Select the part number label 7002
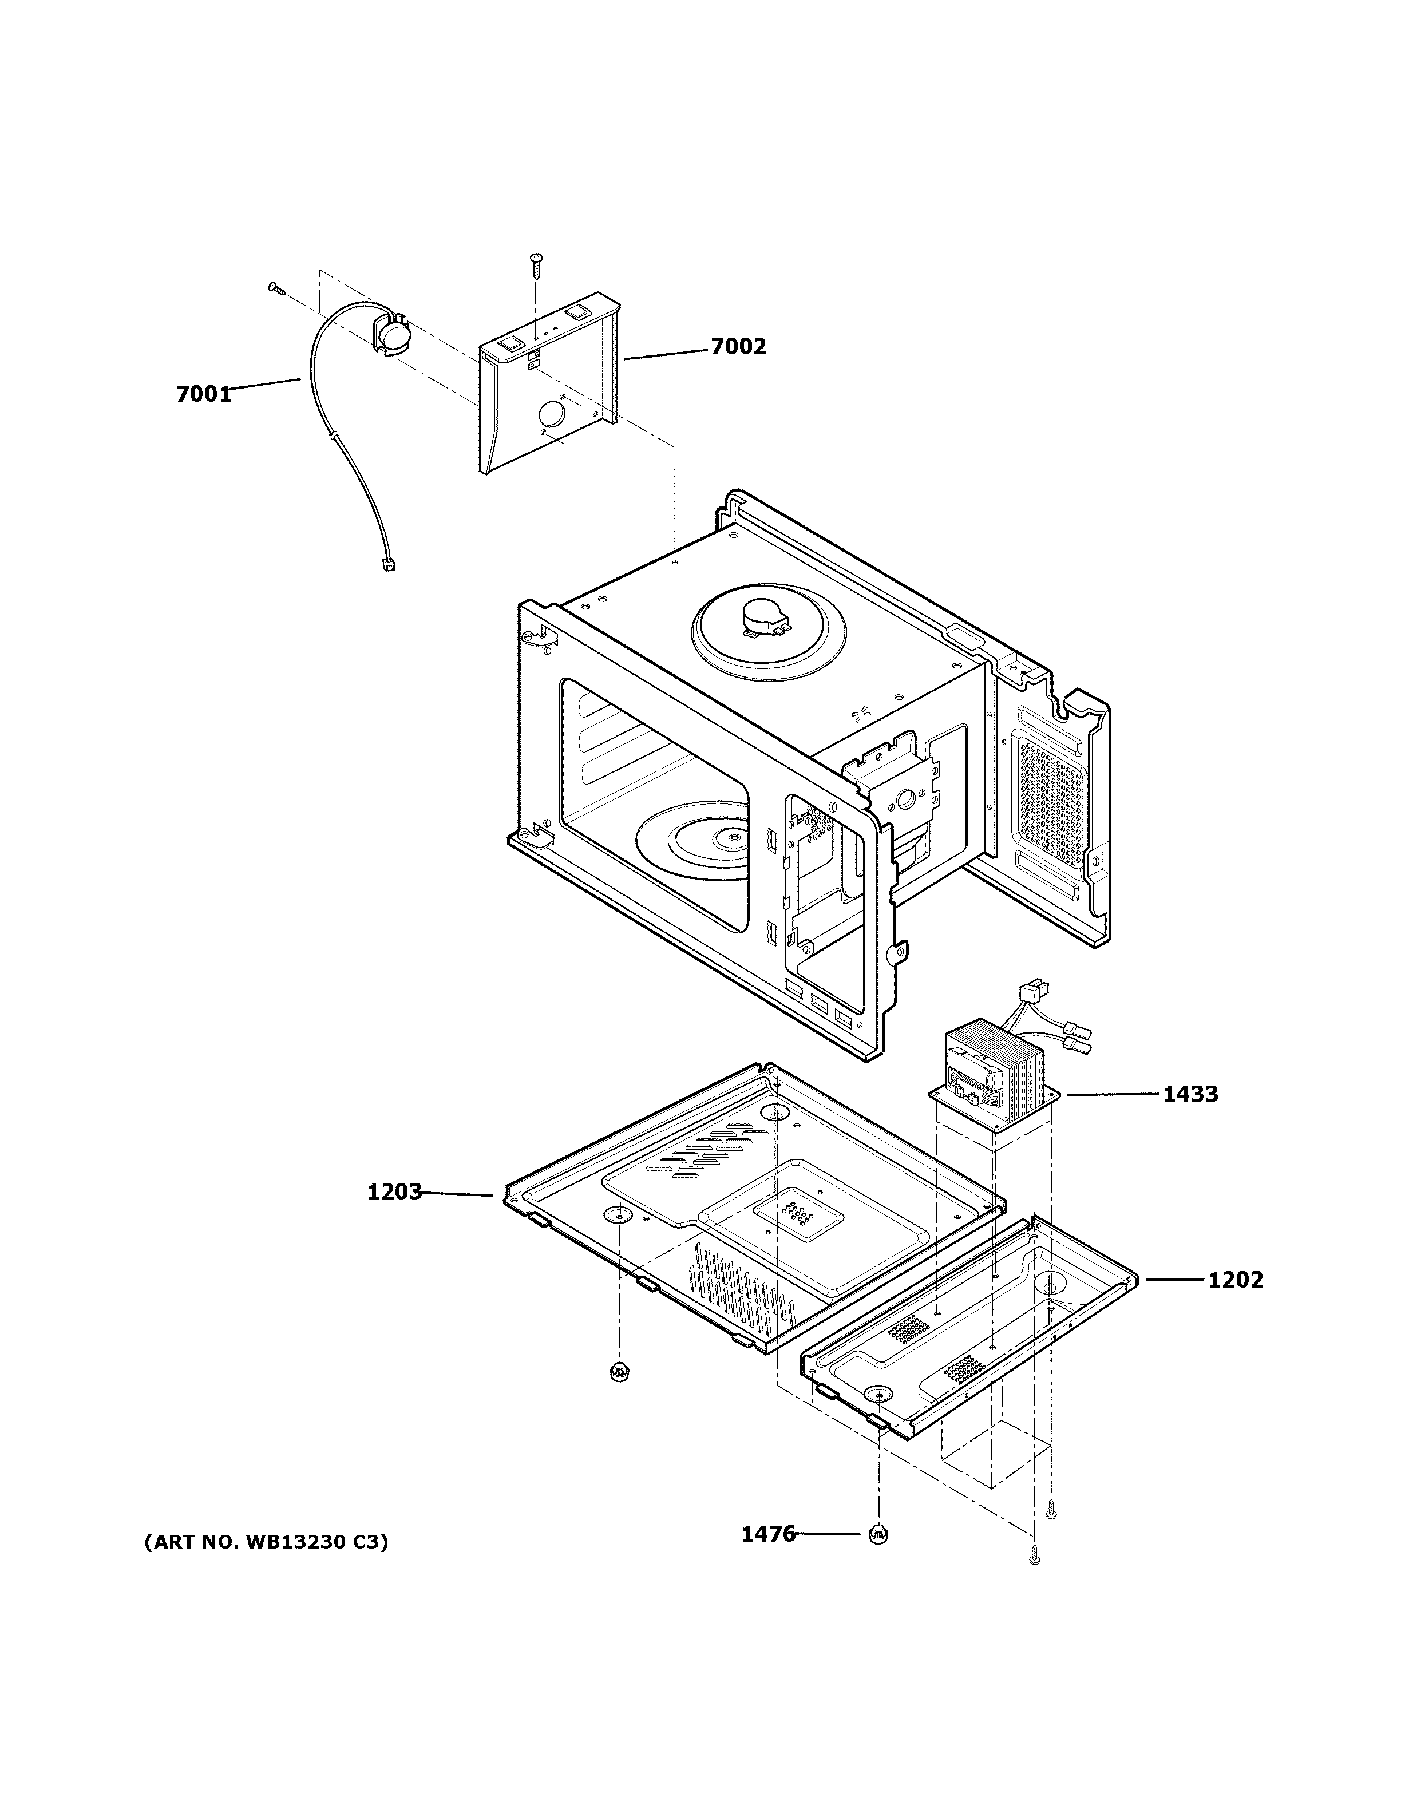[x=738, y=346]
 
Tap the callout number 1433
[x=1190, y=1094]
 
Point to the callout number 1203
[x=394, y=1192]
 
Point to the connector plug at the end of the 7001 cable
[x=387, y=565]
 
